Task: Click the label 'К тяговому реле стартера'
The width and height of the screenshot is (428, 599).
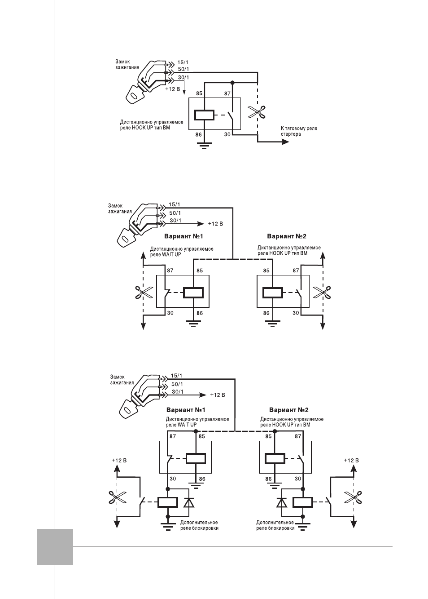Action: [299, 131]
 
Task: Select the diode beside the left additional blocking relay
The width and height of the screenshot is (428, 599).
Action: [189, 502]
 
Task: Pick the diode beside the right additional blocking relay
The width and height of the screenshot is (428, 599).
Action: [282, 502]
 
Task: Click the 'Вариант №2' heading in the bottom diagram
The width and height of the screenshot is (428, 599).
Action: [288, 410]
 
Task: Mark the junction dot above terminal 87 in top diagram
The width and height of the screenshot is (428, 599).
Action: [232, 83]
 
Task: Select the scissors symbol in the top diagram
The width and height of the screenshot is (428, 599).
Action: [257, 112]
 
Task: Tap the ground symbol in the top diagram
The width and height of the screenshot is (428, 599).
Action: [204, 146]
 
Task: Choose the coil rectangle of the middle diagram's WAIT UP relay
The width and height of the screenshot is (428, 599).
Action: [193, 293]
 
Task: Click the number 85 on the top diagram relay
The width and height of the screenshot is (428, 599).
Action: [199, 93]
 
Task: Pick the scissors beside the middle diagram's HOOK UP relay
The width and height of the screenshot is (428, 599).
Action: [322, 292]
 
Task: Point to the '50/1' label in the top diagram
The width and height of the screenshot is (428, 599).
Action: [183, 69]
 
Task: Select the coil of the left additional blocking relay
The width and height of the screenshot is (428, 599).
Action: [168, 502]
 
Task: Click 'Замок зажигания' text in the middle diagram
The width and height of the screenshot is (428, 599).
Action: [120, 209]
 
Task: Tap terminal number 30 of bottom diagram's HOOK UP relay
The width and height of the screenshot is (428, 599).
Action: [298, 479]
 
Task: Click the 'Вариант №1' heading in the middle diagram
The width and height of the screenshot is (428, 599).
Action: [183, 236]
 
